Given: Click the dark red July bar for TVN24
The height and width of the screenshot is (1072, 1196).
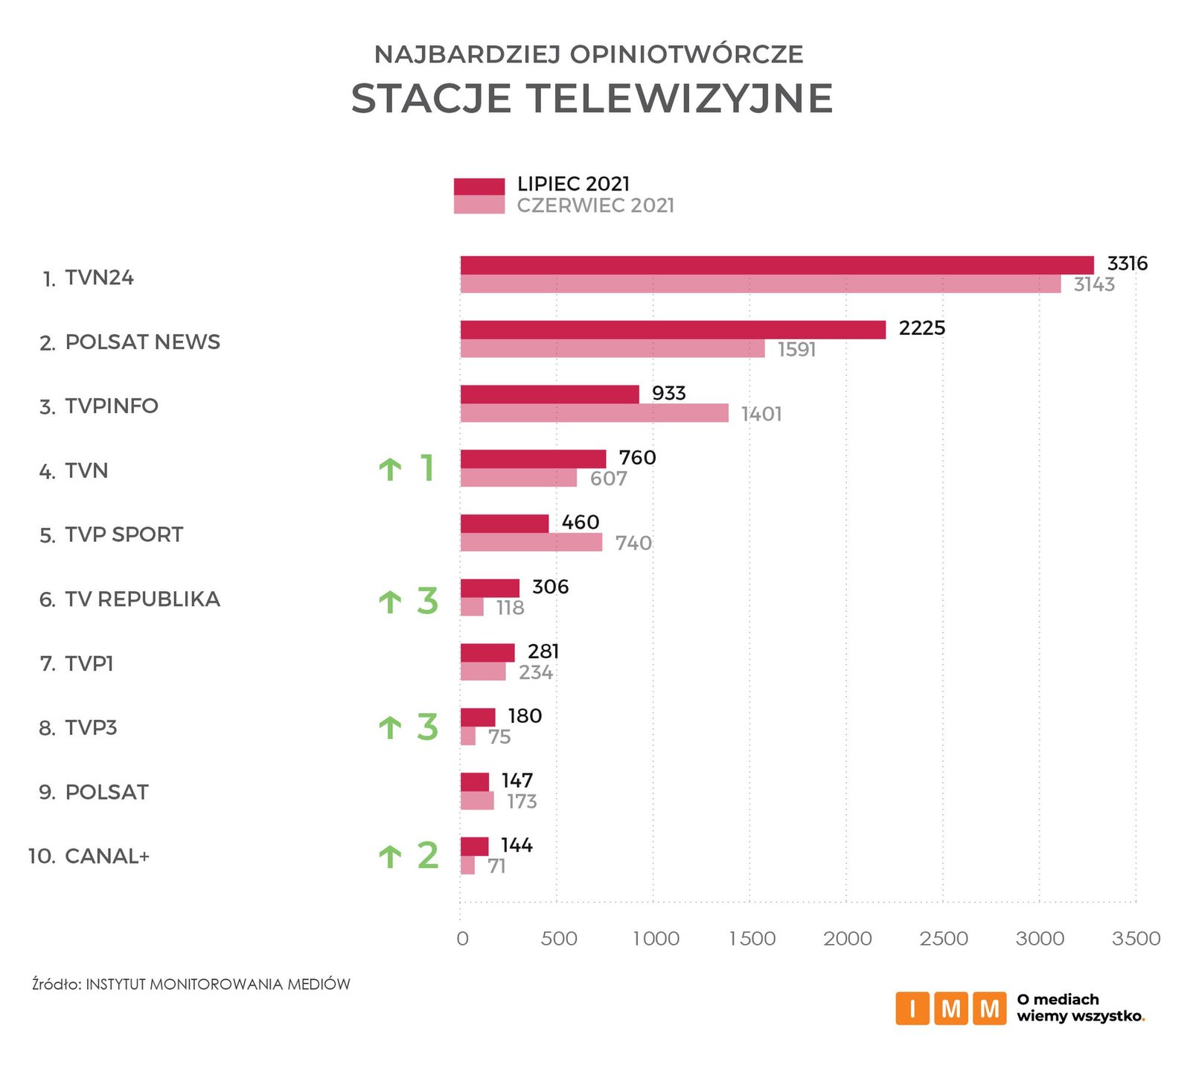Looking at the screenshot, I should [777, 265].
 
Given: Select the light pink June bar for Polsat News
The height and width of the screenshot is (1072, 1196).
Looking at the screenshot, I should [612, 349].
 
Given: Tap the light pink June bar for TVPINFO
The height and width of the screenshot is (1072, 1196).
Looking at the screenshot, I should [594, 413].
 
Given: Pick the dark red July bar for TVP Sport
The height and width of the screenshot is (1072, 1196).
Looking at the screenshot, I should [504, 523].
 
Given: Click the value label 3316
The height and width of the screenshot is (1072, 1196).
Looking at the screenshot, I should [1127, 264].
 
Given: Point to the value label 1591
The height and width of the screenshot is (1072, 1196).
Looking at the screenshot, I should [796, 349].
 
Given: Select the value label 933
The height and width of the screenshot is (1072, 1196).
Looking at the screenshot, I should [668, 393].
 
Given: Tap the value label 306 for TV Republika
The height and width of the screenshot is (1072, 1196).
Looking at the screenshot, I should [550, 587].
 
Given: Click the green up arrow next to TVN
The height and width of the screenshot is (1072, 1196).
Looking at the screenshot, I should [390, 469].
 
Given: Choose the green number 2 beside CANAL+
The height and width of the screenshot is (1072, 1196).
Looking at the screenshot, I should [427, 855].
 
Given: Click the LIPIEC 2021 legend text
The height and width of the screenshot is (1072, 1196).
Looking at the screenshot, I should [573, 184].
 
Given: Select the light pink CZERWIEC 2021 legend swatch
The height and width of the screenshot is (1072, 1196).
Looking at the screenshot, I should [479, 205].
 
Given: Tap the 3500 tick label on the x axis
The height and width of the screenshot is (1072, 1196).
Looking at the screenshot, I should [1136, 939].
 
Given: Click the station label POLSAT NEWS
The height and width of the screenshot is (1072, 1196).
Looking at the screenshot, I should [142, 342].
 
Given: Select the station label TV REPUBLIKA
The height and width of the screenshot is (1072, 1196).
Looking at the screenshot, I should [142, 599].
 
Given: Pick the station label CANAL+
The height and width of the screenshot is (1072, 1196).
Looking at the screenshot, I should [107, 856].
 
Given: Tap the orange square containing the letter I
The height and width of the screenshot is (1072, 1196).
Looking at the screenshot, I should [912, 1009].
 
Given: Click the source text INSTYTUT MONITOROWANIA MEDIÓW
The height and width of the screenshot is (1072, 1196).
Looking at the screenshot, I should [218, 984].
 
